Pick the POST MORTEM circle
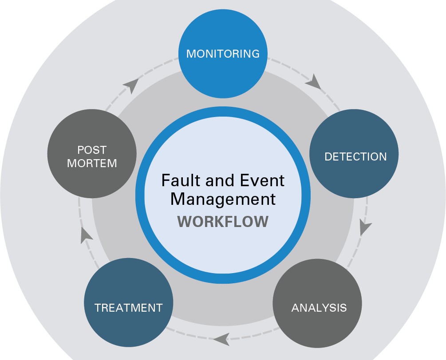click(x=91, y=153)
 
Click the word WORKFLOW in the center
click(x=223, y=221)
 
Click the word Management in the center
click(x=223, y=199)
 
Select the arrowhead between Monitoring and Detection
click(x=314, y=82)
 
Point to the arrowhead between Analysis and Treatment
click(x=221, y=339)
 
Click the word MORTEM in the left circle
click(x=92, y=163)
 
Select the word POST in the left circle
click(x=92, y=150)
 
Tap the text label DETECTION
click(x=355, y=157)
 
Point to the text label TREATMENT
click(x=128, y=307)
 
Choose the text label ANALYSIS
click(x=319, y=308)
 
